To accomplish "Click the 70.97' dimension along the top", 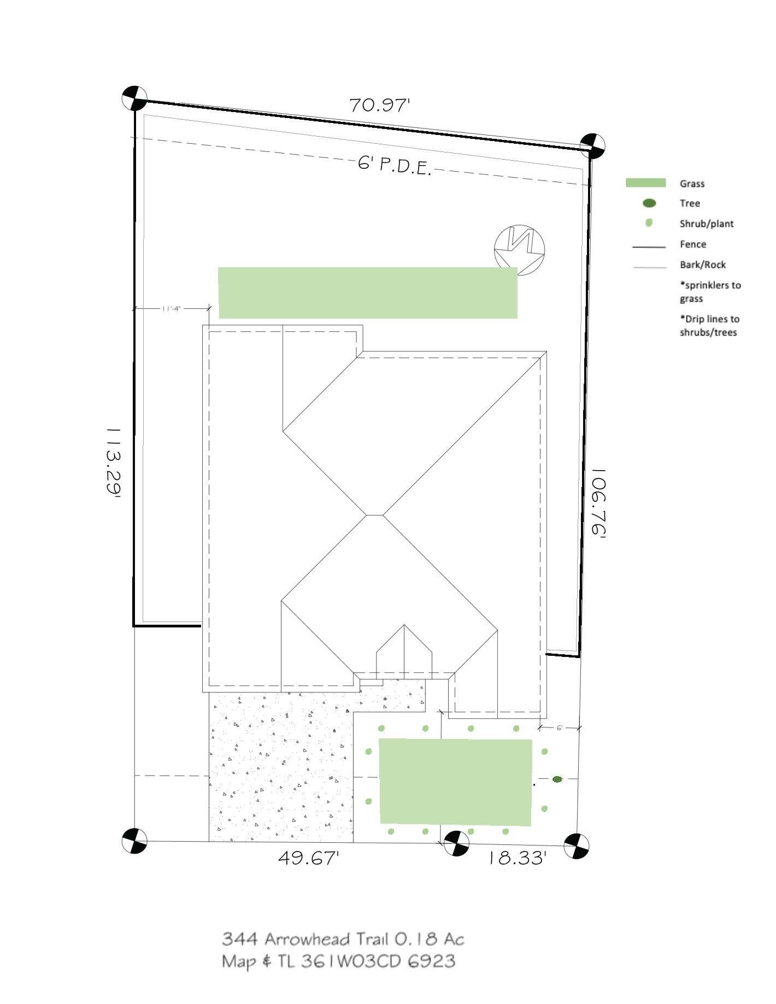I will point(379,105).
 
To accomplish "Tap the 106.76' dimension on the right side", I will point(599,502).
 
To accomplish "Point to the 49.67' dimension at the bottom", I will point(309,858).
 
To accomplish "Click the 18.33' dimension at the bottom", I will point(516,858).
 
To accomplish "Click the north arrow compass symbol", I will point(519,249).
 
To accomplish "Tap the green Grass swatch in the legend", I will point(645,183).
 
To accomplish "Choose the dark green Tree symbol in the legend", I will point(649,203).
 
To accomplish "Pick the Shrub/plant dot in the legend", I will point(649,223).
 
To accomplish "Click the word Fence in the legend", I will point(692,244).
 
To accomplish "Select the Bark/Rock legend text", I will point(702,265).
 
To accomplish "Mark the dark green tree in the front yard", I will point(557,779).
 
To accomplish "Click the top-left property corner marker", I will point(134,99).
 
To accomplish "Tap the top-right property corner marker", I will point(592,146).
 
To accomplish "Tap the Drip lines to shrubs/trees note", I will point(709,326).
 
